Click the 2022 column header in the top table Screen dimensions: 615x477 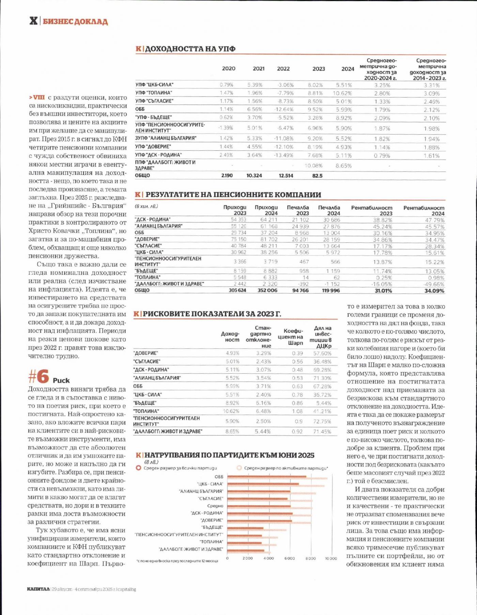(283, 69)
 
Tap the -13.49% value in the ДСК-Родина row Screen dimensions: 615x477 (284, 155)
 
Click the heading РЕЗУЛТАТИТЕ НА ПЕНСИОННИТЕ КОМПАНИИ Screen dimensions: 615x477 (233, 195)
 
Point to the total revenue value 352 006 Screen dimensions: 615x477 (267, 290)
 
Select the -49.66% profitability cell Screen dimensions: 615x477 (434, 284)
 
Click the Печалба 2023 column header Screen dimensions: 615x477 (298, 210)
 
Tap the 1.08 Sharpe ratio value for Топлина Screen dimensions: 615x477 (297, 411)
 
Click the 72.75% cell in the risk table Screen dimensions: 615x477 (322, 421)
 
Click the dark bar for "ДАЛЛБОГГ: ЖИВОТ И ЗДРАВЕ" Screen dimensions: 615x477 (246, 550)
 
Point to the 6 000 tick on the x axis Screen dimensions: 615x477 (289, 558)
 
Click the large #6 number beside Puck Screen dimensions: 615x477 (39, 377)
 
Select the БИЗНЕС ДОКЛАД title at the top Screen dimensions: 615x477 (75, 22)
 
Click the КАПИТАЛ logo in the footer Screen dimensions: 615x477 (38, 589)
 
